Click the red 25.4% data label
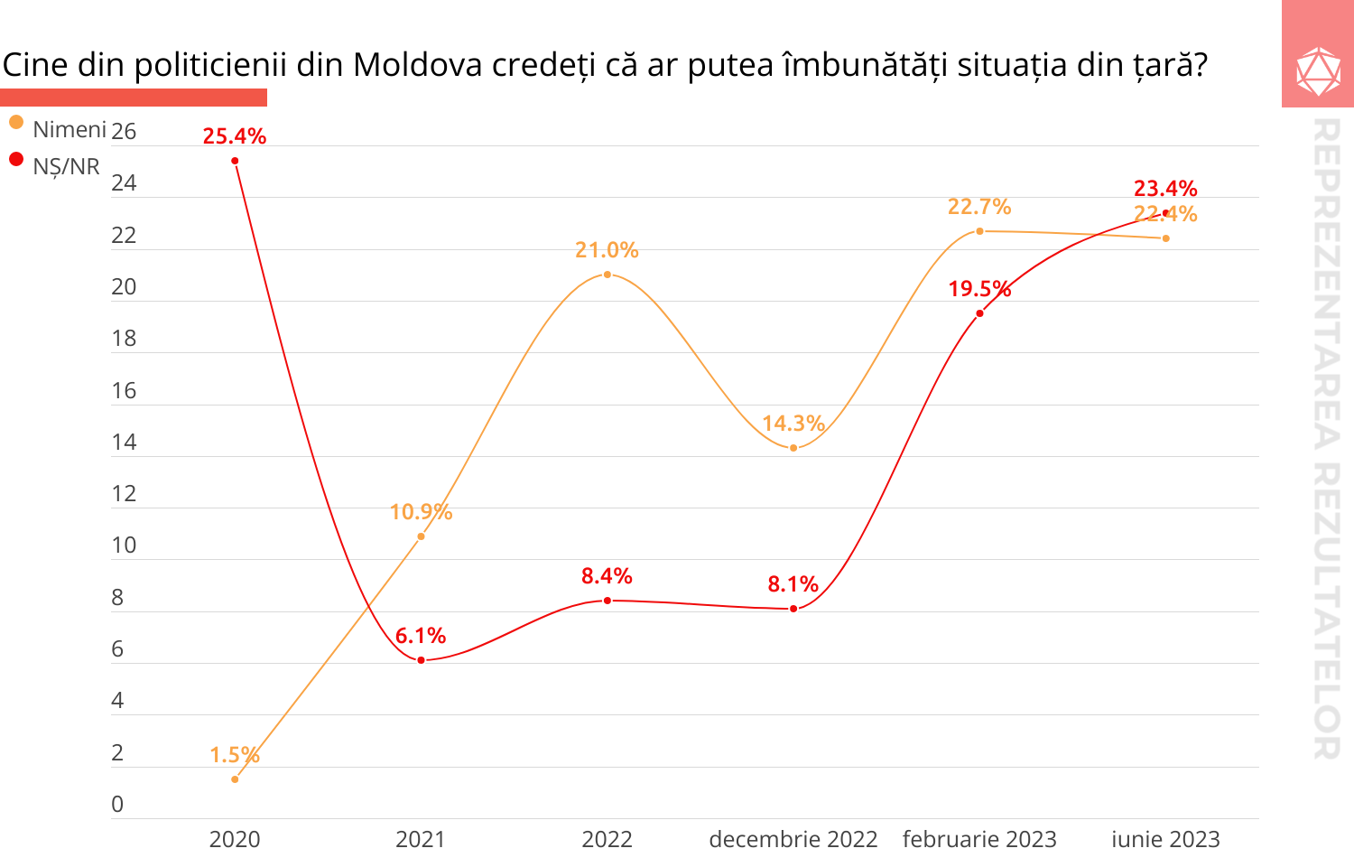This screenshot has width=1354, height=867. coord(234,136)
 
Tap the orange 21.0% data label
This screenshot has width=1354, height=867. coord(607,250)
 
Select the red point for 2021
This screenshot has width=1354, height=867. coord(421,660)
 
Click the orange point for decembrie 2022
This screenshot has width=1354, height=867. coord(793,448)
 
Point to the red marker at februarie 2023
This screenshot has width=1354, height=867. coord(979,313)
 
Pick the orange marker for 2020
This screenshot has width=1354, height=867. coord(235,778)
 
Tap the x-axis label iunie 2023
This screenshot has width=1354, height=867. coord(1165,839)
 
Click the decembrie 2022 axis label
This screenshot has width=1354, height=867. coord(793,839)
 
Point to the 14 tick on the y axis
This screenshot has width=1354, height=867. coord(124,442)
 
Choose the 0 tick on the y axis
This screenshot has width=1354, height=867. coord(117,804)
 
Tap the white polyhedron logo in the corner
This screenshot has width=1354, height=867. coord(1318,71)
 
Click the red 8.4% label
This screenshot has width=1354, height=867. coord(607,576)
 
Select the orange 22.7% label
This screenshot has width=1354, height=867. coord(979,207)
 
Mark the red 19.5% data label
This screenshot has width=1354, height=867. coord(979,289)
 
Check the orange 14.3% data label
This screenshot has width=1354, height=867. coord(793,424)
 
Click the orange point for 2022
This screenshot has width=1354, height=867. coord(607,275)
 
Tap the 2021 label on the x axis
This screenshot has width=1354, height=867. coord(421,839)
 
